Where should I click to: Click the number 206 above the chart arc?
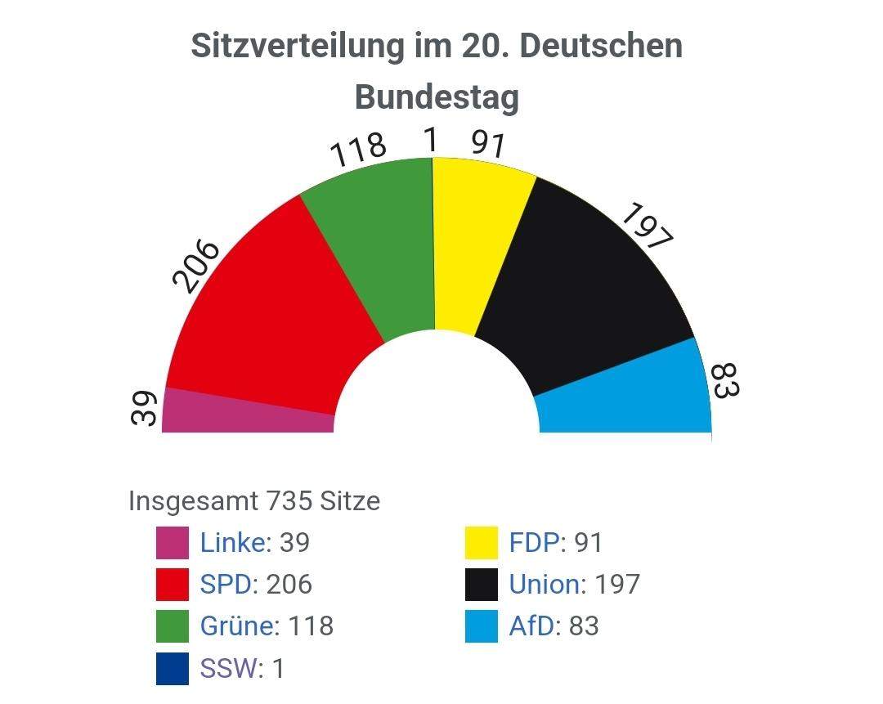196,267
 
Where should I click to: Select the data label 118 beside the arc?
357,149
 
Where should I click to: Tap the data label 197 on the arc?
647,226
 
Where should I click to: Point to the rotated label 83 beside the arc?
724,380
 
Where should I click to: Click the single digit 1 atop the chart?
430,141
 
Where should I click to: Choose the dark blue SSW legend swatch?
172,668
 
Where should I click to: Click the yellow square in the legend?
481,543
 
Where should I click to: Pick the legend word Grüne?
237,626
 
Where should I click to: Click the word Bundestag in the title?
437,97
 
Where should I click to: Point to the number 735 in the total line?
290,500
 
